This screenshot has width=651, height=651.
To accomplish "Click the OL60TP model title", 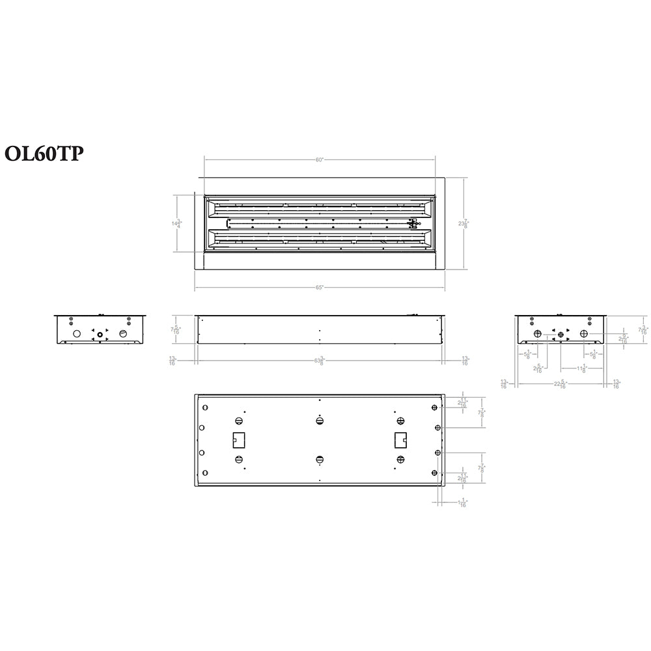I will point(44,153).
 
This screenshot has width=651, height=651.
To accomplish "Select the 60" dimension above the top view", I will point(319,159).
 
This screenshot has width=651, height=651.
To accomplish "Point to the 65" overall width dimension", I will point(319,286).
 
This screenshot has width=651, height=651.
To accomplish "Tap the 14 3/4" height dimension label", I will point(176,223).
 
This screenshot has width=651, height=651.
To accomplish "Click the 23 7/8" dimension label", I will point(463,223).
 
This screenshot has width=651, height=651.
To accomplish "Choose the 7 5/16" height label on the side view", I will point(175,330).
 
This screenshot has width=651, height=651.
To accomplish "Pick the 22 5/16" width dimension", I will point(561,384).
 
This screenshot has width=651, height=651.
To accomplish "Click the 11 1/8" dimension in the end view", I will point(581,369).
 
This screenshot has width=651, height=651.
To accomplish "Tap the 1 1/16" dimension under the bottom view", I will point(462,503).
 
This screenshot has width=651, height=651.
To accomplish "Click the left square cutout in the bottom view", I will point(238,440).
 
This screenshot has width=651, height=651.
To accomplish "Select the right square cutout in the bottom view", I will point(400,440).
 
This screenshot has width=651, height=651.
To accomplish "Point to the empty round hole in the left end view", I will point(76,333).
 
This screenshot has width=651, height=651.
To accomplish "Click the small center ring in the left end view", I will point(100,334).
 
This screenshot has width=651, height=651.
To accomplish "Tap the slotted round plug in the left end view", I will point(124,333).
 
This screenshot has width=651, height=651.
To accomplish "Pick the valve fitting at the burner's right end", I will point(411,224).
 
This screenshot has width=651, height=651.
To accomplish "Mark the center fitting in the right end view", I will point(561,336).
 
